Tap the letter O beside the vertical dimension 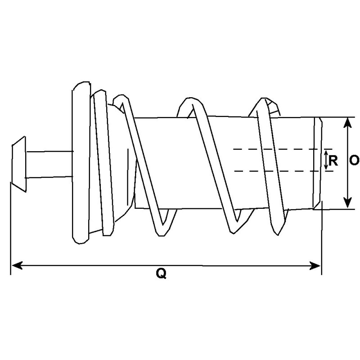[354, 161]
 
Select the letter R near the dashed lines [333, 161]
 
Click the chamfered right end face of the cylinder [319, 163]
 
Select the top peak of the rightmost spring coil [263, 102]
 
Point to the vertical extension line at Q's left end [10, 225]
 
